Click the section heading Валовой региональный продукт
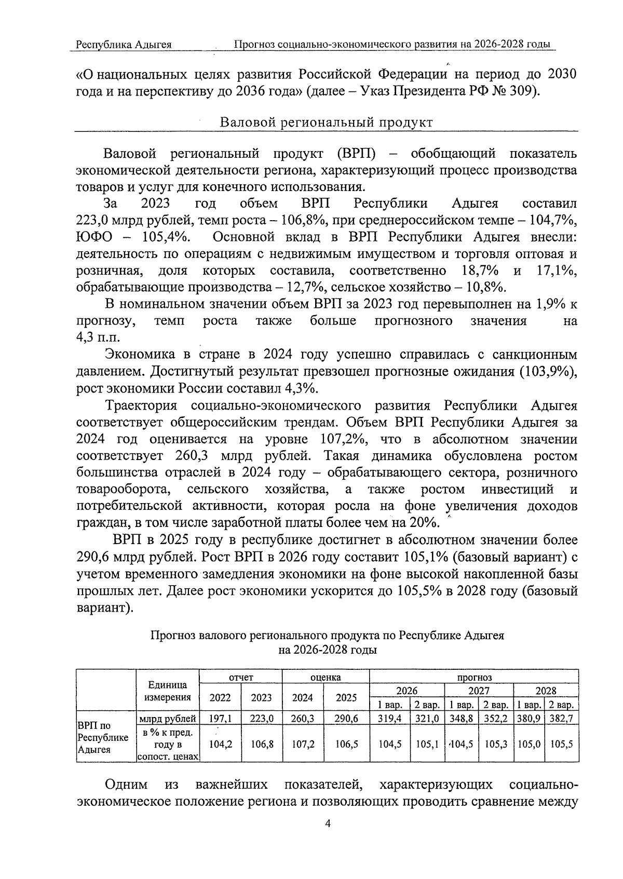point(326,123)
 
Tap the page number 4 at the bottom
point(327,837)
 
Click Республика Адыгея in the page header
point(124,45)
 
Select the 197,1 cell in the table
point(220,719)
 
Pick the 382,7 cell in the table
point(561,719)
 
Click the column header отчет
point(241,677)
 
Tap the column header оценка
point(326,677)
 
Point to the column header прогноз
point(474,677)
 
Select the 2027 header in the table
point(479,691)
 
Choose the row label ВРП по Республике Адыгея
point(103,737)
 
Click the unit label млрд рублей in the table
point(168,719)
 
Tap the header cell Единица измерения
point(168,691)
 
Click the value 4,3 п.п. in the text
point(97,337)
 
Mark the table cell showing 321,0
point(427,719)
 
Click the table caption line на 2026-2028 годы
point(327,650)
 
